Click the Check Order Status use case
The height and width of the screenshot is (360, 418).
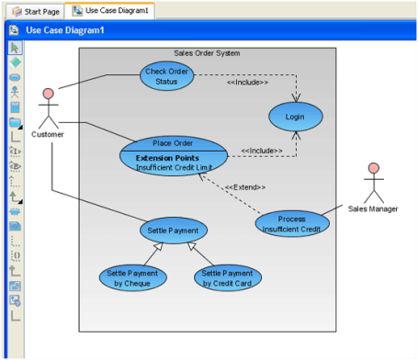[x=167, y=76]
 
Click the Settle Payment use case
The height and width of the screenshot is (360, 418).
[x=174, y=230]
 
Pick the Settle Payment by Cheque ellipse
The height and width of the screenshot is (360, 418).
[x=133, y=276]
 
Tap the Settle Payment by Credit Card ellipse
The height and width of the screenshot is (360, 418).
[x=227, y=276]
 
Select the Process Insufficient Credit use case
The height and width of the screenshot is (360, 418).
[x=292, y=224]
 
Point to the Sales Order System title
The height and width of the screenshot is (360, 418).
[x=207, y=53]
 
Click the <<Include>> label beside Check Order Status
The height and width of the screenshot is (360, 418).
[x=247, y=83]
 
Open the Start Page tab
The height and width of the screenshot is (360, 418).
[x=36, y=10]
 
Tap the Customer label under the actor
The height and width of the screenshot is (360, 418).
[x=48, y=136]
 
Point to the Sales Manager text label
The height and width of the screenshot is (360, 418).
[x=373, y=208]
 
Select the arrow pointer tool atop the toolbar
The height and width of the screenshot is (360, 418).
[x=15, y=48]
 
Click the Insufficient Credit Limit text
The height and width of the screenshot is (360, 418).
[x=173, y=168]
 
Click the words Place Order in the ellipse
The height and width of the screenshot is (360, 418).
[x=172, y=143]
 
